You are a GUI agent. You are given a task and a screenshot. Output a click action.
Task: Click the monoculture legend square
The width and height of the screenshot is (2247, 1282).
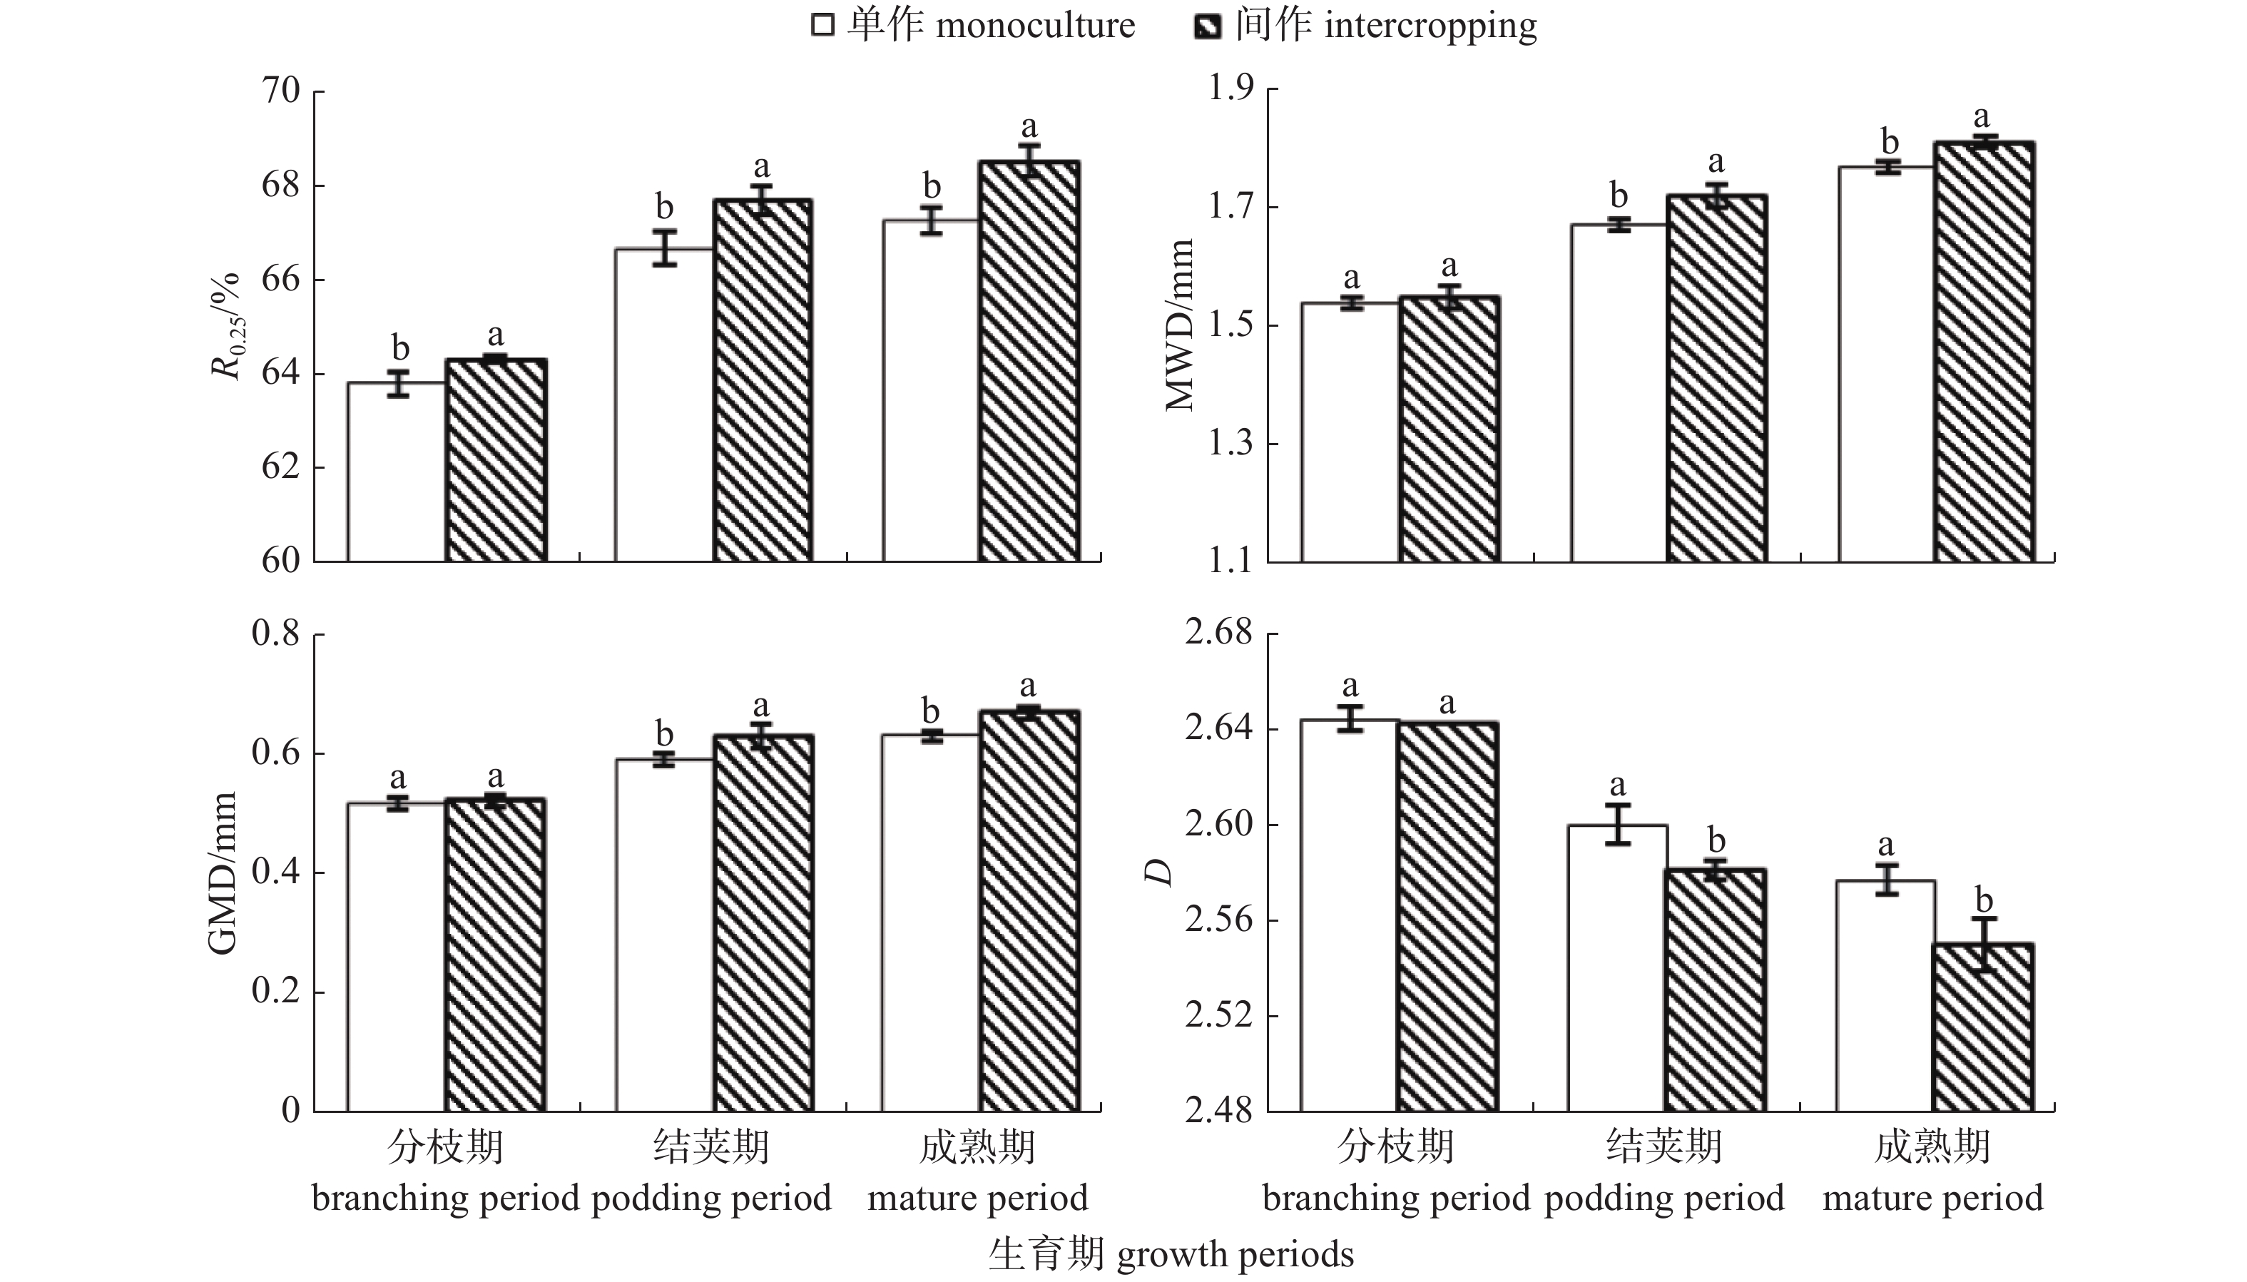pos(822,25)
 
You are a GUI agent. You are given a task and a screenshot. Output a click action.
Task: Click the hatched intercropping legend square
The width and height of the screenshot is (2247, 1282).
pos(1207,26)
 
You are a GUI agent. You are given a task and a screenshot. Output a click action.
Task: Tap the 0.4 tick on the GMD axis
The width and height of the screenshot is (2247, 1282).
pos(275,872)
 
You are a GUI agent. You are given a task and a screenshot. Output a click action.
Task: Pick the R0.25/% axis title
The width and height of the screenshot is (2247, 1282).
pos(226,326)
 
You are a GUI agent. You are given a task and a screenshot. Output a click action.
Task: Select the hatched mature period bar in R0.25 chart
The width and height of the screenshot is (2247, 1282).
pos(1029,361)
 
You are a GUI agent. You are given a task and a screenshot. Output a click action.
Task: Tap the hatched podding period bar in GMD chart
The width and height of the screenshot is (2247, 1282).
pos(763,922)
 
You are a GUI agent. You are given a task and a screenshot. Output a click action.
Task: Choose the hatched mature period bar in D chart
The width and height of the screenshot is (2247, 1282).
pos(1983,1027)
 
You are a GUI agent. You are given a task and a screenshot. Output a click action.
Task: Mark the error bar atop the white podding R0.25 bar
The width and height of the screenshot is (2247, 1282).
pos(665,248)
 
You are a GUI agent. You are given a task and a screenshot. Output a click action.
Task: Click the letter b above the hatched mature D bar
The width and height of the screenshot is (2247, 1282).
pos(1984,901)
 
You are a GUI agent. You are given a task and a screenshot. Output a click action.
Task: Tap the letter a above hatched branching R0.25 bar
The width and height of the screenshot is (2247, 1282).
pos(496,335)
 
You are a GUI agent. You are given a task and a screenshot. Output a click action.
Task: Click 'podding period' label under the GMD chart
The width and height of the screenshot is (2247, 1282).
pos(710,1198)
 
